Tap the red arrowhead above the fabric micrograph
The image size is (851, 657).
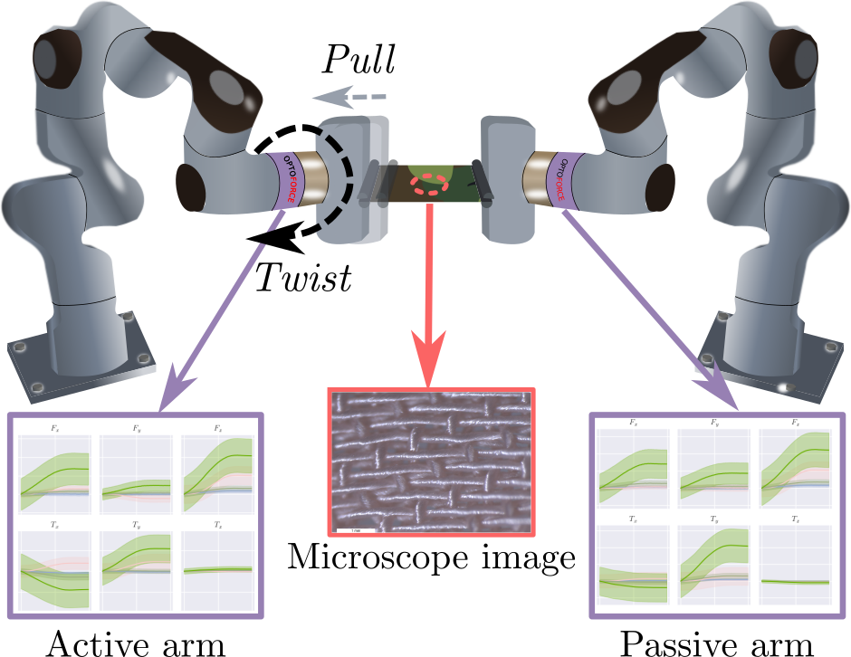[x=429, y=357]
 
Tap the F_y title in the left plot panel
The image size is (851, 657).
[x=136, y=428]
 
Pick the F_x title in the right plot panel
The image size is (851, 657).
[x=634, y=423]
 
